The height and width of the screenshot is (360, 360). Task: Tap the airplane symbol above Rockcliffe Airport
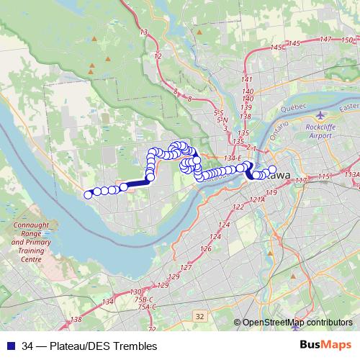(x=320, y=114)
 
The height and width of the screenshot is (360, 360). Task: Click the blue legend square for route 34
(x=10, y=346)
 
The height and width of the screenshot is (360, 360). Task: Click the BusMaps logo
(x=327, y=346)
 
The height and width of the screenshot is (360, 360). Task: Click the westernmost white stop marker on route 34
(x=88, y=194)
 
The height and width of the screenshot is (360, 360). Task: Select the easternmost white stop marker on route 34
(x=272, y=170)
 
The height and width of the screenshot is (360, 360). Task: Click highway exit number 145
(x=274, y=48)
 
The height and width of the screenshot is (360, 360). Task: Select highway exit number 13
(x=144, y=32)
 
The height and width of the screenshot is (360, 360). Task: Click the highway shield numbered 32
(x=199, y=316)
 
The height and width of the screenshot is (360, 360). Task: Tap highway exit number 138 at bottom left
(x=76, y=319)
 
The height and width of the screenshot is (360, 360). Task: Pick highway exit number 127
(x=186, y=268)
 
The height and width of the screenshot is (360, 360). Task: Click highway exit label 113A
(x=352, y=174)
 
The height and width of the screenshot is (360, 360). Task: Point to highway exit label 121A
(x=256, y=199)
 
